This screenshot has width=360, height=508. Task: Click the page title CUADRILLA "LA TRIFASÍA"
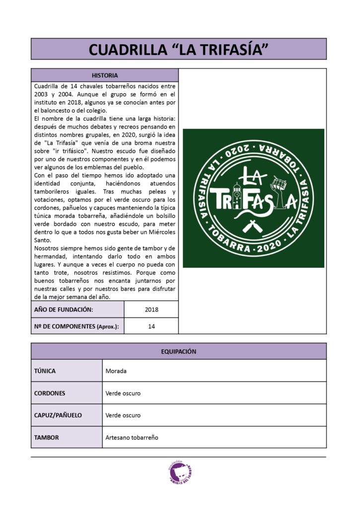[179, 49]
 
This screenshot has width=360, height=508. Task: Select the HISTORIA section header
[105, 75]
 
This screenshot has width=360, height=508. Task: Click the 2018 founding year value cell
[151, 310]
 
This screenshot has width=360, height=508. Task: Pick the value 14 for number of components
[151, 326]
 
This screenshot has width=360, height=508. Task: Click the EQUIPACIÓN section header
[179, 351]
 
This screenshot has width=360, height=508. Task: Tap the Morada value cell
[116, 371]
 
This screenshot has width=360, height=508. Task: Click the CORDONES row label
[50, 393]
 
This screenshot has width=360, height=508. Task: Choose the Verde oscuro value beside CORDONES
[123, 393]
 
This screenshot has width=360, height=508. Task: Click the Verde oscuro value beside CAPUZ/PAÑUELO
[123, 415]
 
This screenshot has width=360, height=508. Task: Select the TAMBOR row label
[46, 438]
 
